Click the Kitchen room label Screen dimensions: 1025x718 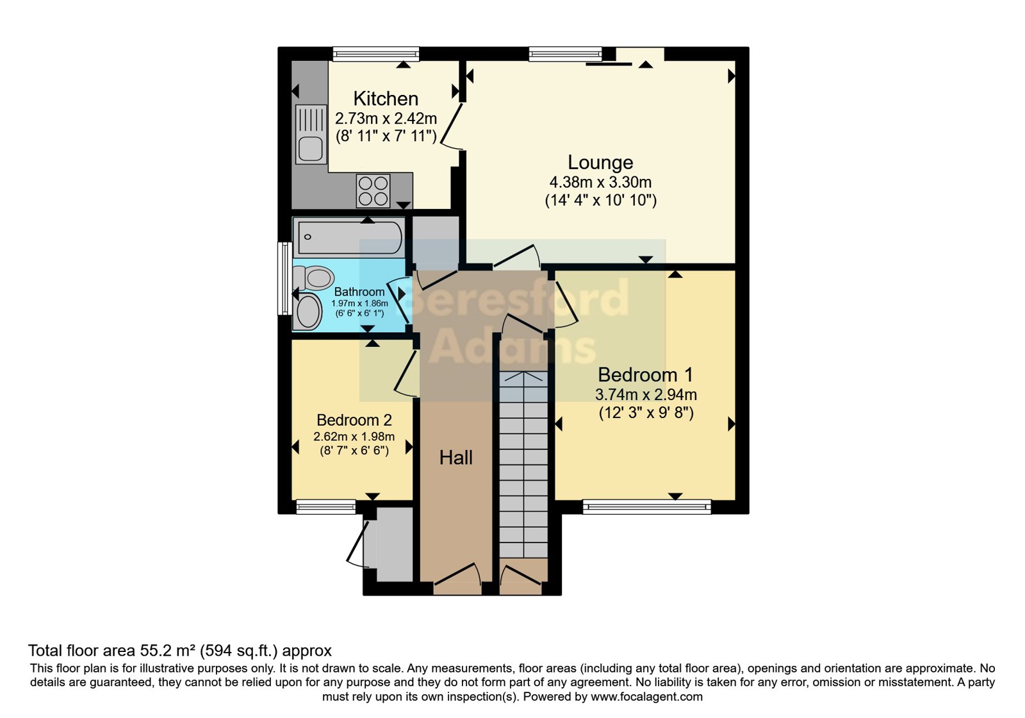[x=386, y=99]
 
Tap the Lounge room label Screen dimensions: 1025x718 [x=600, y=163]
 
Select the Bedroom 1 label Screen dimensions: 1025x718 [x=645, y=375]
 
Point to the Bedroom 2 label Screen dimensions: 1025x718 [x=354, y=420]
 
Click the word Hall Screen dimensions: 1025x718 [x=455, y=458]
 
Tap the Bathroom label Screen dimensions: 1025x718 [x=359, y=292]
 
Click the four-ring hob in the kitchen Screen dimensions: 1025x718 [x=373, y=190]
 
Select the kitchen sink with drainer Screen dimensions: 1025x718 [x=311, y=134]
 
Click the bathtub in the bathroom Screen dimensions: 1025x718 [x=349, y=237]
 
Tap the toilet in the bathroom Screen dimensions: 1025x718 [x=313, y=278]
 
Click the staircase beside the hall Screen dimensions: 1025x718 [x=523, y=464]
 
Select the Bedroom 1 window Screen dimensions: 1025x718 [x=647, y=507]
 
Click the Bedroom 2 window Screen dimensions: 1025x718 [x=326, y=507]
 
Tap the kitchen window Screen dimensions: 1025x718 [x=375, y=54]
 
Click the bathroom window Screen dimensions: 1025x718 [x=285, y=278]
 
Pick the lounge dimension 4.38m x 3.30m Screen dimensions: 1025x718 [x=600, y=182]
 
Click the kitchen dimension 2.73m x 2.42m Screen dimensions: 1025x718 [x=386, y=119]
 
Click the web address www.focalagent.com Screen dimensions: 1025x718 [x=646, y=697]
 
